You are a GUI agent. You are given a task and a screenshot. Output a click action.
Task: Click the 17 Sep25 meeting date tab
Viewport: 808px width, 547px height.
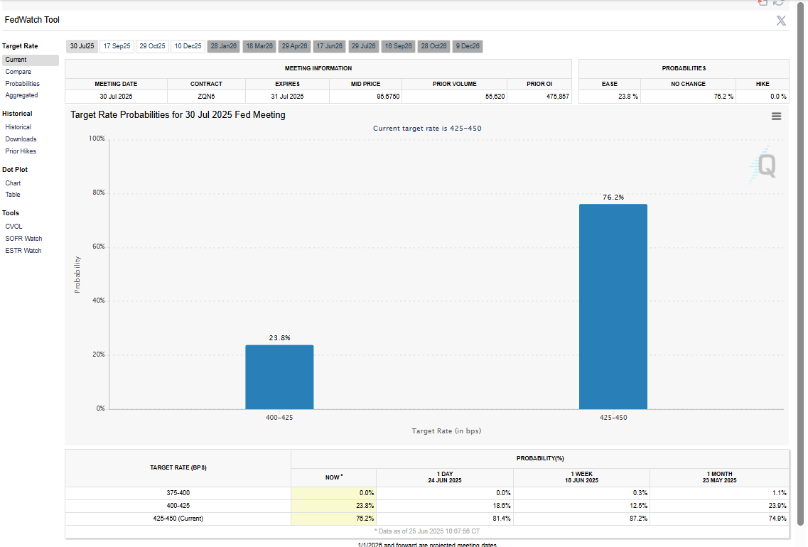pos(117,46)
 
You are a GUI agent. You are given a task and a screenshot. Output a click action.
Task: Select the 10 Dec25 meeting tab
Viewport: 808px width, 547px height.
pos(188,46)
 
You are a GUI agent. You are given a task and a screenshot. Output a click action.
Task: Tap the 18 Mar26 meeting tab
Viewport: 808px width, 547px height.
pos(259,46)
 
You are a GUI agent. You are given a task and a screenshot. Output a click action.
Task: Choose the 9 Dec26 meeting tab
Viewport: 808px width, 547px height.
pos(468,46)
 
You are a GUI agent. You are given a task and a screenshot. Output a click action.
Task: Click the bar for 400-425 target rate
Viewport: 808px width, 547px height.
pos(279,377)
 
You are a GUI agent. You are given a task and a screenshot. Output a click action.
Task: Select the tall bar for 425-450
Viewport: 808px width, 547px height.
pos(613,306)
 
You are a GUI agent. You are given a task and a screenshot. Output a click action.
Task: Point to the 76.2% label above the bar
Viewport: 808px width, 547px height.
pos(613,197)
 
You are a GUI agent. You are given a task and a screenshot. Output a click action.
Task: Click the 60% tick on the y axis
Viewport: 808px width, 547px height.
pos(97,247)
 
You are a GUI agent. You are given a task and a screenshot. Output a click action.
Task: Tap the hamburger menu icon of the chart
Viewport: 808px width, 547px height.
pos(776,116)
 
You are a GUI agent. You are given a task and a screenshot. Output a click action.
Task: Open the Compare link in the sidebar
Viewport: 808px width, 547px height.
pos(18,72)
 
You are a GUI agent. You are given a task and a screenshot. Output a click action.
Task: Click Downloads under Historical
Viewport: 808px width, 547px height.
pos(21,139)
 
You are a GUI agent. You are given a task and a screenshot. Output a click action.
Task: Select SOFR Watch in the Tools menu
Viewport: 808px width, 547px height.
pos(23,239)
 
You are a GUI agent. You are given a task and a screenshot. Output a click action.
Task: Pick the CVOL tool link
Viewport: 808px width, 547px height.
pos(14,227)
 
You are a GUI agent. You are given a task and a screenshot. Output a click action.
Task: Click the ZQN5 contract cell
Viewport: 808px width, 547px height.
pos(206,96)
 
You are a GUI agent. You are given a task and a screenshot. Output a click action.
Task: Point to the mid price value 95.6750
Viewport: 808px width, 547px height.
pos(388,96)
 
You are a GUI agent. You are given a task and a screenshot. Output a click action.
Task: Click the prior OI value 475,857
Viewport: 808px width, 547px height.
pos(557,96)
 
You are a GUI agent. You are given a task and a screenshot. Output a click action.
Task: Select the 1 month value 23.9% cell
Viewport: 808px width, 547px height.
pos(777,505)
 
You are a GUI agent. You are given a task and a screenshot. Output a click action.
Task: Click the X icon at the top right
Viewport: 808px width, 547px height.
pos(781,21)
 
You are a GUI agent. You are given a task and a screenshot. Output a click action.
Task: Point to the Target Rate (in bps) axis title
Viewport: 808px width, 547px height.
pos(447,430)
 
